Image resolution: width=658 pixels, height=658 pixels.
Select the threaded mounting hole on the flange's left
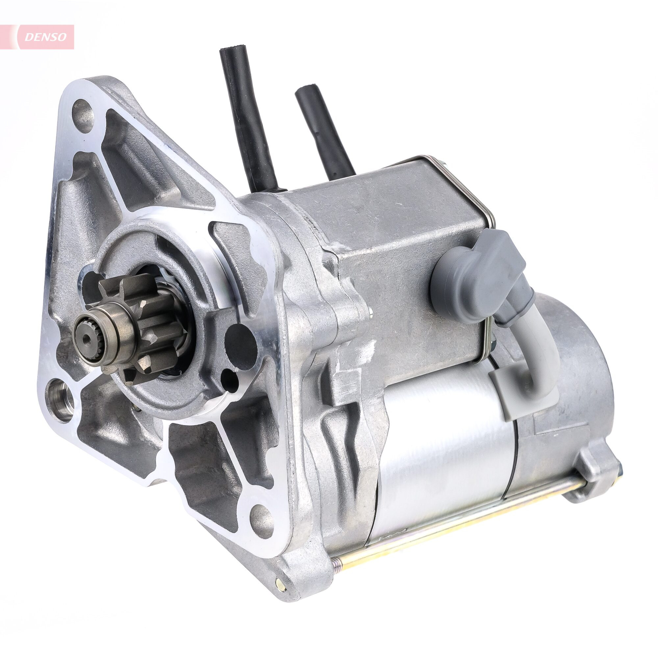tap(61, 396)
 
